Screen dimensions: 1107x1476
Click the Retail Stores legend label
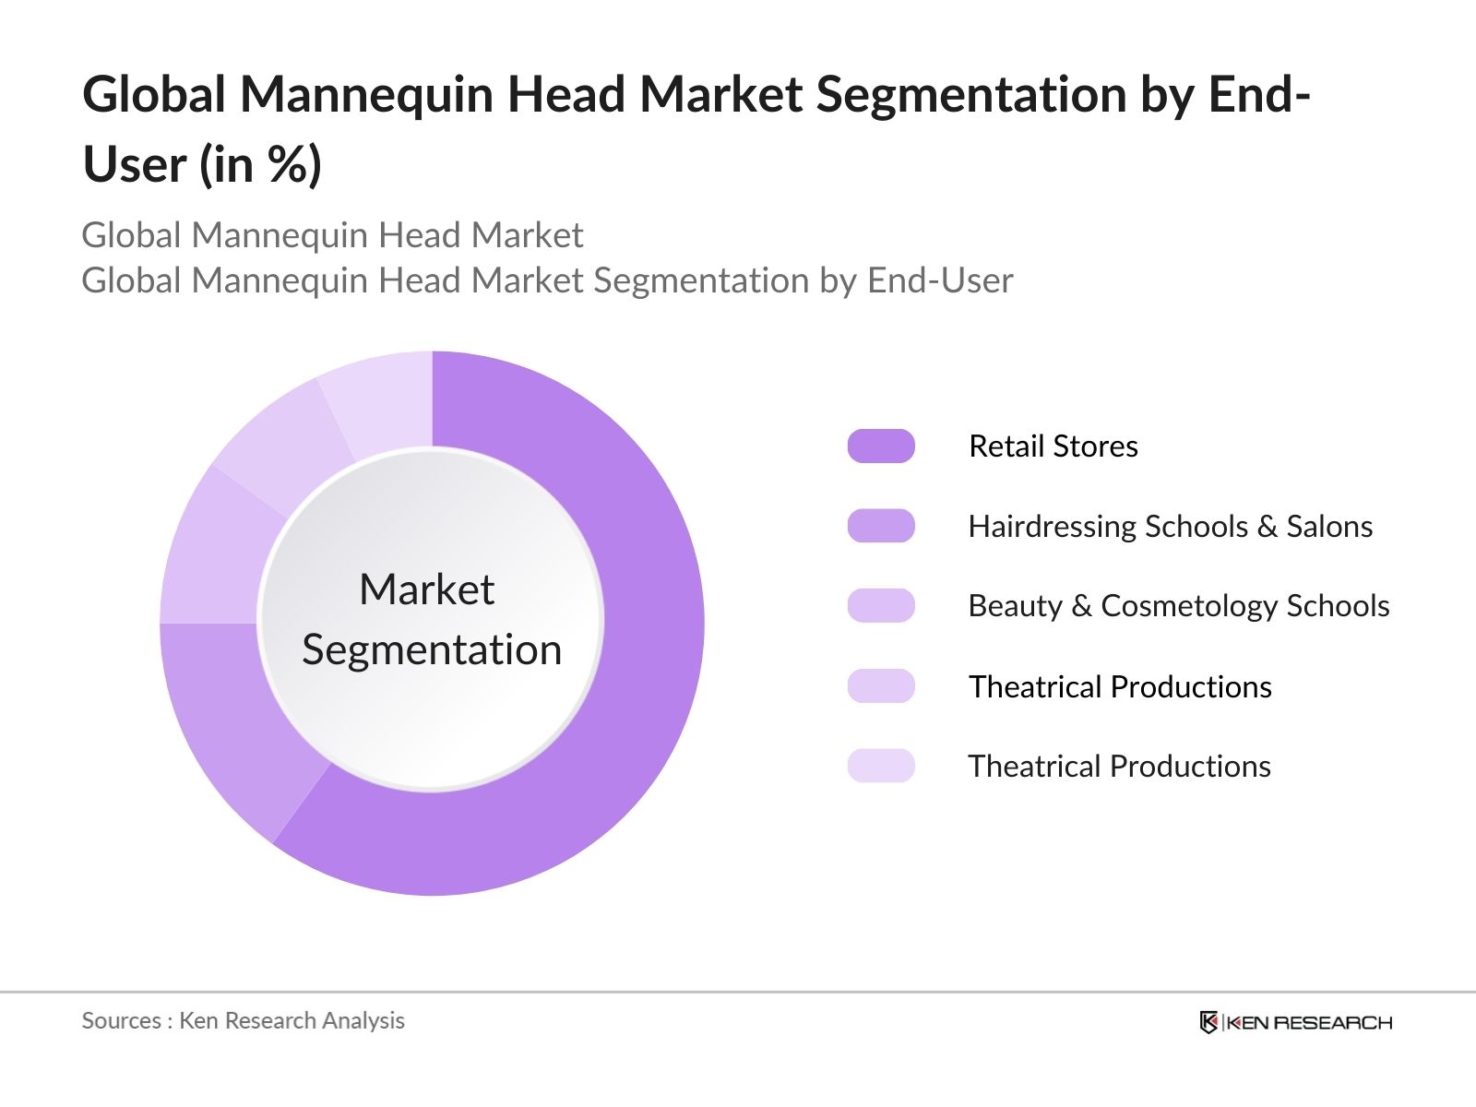[x=1053, y=446]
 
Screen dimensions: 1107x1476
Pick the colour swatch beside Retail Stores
[x=881, y=446]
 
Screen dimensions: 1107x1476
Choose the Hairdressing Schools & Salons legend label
[x=1170, y=527]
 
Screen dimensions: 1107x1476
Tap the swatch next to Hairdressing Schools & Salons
[x=881, y=526]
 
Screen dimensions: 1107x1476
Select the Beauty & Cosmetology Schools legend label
[x=1178, y=606]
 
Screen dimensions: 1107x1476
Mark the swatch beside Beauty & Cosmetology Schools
[x=881, y=606]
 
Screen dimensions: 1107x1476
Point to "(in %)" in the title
[x=260, y=166]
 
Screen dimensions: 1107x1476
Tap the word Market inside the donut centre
[x=426, y=589]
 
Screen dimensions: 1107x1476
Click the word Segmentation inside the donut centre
[x=432, y=650]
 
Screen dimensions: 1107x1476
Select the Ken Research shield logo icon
[x=1208, y=1022]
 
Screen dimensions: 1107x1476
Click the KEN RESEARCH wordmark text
[x=1309, y=1022]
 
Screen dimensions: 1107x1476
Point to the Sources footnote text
[x=243, y=1020]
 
